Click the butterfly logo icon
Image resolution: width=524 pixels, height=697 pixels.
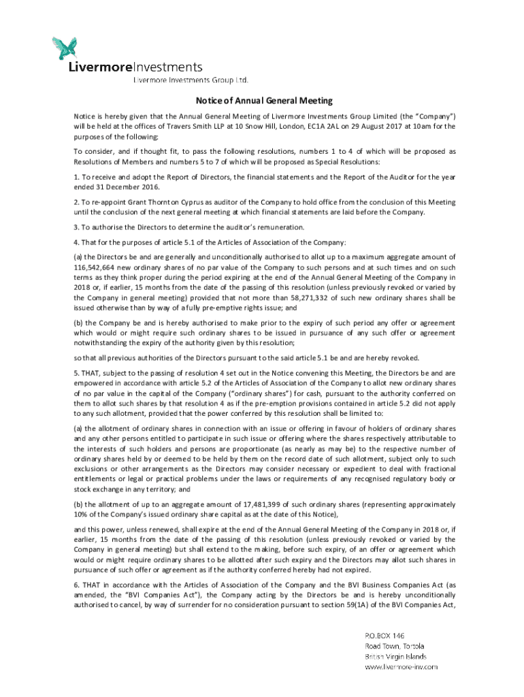point(65,47)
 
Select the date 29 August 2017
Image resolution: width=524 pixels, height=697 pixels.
point(377,126)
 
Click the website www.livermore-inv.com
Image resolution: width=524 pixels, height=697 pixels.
point(401,667)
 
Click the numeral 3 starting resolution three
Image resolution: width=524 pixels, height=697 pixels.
point(76,227)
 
